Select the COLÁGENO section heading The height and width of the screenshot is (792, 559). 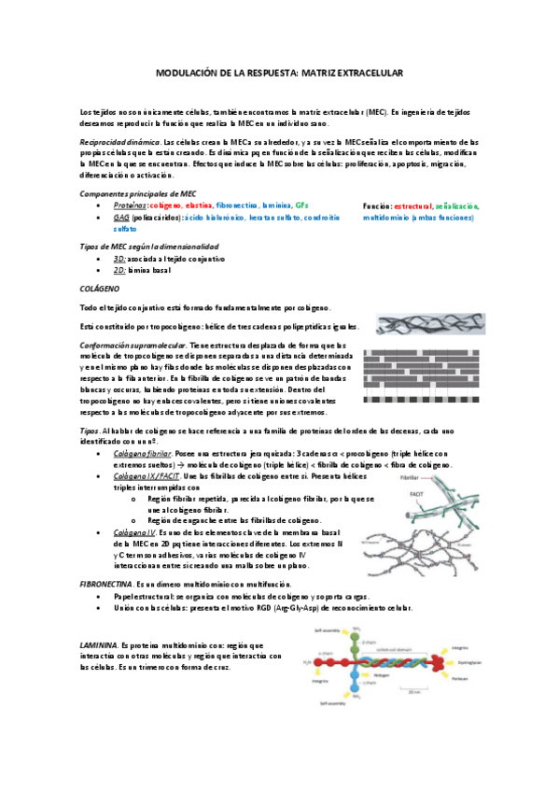pos(98,290)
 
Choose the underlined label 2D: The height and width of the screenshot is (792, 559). pos(119,268)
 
